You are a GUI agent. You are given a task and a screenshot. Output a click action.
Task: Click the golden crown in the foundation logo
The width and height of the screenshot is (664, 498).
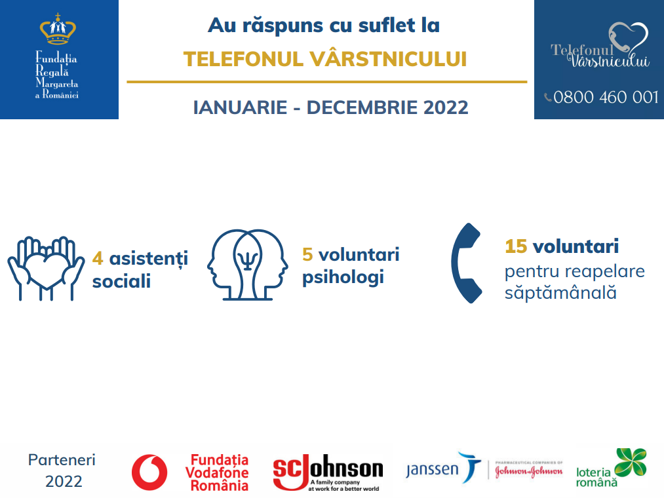58,29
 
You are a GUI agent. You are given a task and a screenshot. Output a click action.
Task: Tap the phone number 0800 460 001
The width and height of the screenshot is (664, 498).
606,98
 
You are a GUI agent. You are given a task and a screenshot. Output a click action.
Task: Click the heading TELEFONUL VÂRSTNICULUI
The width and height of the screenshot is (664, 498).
325,59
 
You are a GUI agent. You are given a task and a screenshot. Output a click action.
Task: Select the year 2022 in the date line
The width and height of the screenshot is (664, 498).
446,107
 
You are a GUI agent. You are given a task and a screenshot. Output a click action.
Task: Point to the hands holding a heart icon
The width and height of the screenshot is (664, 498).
46,269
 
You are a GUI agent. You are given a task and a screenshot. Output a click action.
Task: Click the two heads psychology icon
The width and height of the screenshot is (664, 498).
248,265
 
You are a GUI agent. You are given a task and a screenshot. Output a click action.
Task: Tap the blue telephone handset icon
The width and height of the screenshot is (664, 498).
466,263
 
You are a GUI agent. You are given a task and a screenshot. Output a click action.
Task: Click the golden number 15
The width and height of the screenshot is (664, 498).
516,246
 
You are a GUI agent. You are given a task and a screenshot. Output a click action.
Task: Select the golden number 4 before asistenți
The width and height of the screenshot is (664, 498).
98,258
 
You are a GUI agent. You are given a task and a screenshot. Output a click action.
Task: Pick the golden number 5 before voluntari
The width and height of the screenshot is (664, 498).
307,255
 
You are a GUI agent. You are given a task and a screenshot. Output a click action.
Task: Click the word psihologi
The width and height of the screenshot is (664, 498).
343,278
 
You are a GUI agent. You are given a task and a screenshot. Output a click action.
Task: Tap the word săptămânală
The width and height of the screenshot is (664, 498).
560,293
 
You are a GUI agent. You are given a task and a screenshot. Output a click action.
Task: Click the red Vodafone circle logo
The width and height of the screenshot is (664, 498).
149,472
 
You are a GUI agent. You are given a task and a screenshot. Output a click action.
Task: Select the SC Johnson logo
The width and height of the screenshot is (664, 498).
328,472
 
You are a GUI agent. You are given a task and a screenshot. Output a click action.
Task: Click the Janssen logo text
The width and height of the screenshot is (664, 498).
432,470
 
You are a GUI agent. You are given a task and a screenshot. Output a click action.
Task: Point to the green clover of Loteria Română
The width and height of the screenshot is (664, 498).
631,462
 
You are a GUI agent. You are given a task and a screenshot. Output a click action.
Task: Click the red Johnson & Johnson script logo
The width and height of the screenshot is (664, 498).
529,471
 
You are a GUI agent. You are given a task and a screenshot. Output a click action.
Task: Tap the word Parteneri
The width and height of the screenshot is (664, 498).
62,460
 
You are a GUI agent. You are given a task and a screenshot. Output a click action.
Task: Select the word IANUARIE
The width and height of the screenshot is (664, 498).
240,107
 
